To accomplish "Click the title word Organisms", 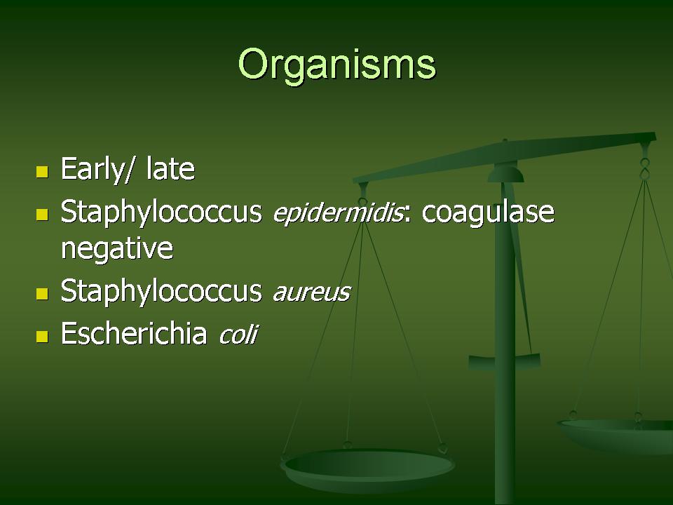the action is (x=337, y=65).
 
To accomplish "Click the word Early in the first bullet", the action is (x=91, y=170).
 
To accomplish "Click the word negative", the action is (x=117, y=248).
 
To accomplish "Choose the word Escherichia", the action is (x=133, y=333).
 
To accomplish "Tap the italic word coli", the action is (x=238, y=334).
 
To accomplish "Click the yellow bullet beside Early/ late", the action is (x=42, y=173).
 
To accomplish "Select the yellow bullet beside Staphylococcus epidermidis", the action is (x=42, y=215).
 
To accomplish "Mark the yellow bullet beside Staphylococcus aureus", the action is (x=42, y=294).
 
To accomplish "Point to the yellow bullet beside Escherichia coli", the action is (x=42, y=336).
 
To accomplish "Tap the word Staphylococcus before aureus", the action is (x=161, y=292).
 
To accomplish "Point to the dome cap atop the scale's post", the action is (x=505, y=175).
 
